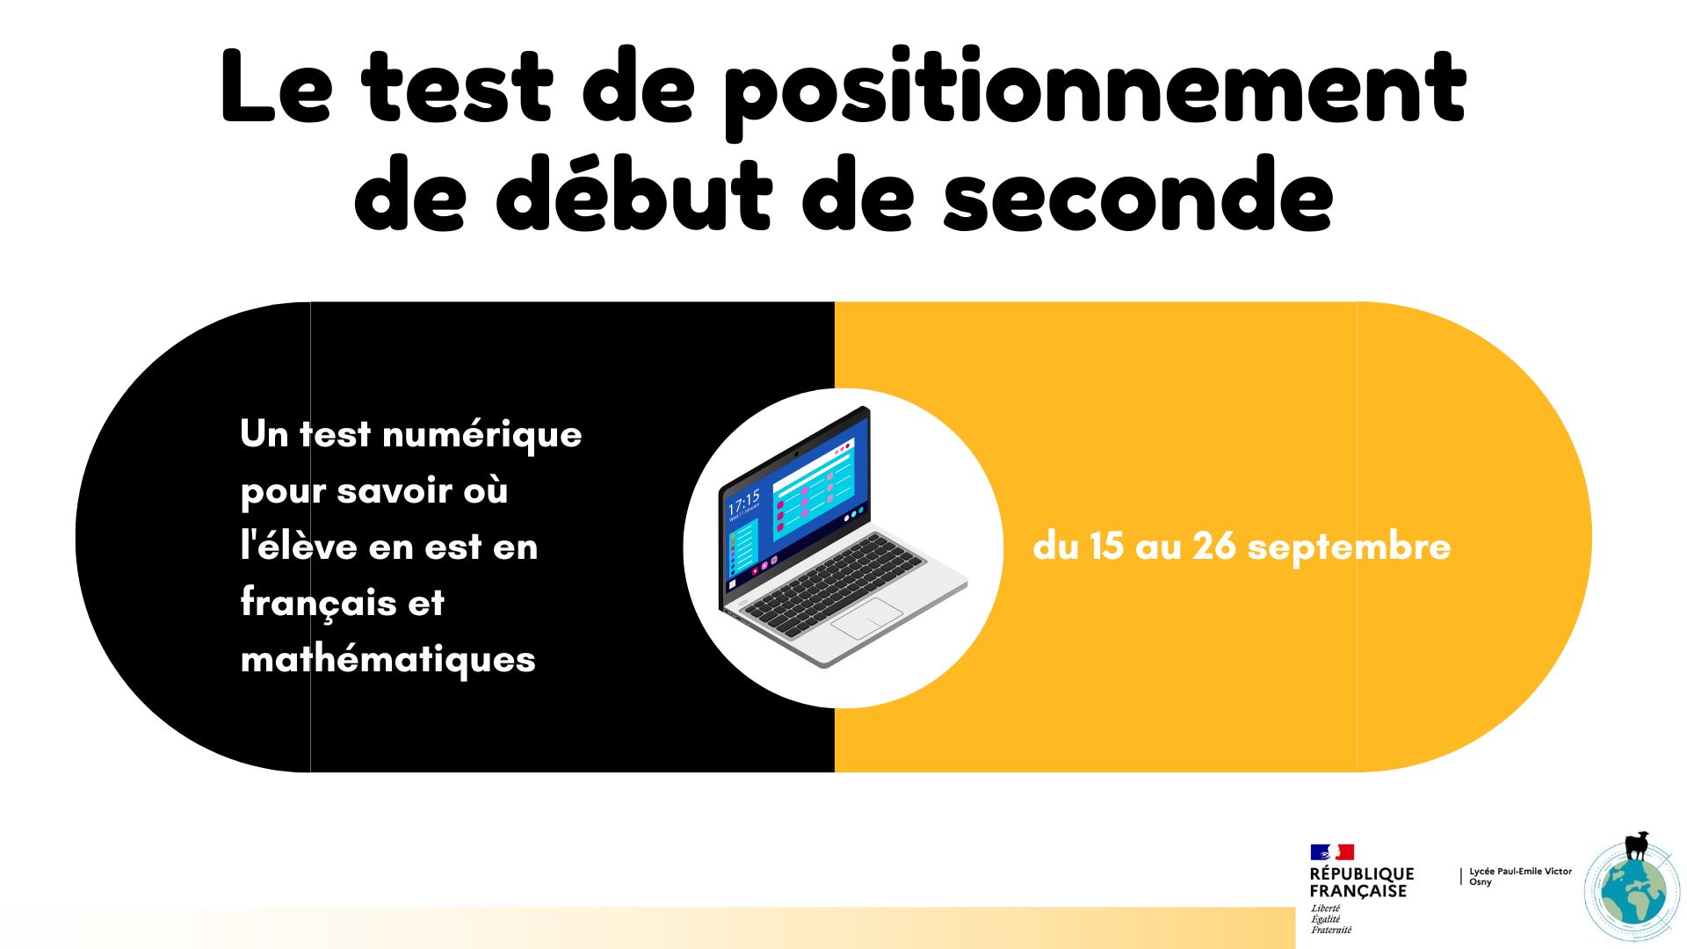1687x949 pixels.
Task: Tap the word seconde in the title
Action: tap(1139, 195)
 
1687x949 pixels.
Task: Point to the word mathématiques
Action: tap(387, 658)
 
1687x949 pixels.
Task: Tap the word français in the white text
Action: tap(318, 603)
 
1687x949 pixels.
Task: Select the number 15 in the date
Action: tap(1107, 546)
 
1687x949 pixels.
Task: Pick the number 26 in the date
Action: tap(1214, 546)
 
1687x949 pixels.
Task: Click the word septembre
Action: tap(1349, 548)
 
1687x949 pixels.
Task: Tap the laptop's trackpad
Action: tap(866, 619)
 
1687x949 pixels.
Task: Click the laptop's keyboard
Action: tap(832, 581)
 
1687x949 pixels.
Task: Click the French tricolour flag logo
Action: tap(1332, 851)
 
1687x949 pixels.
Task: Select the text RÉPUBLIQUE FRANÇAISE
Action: tap(1362, 882)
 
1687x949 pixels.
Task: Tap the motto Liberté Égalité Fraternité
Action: tap(1331, 919)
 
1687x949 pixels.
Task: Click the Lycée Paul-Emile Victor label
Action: tap(1521, 872)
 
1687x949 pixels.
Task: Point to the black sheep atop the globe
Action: tap(1637, 845)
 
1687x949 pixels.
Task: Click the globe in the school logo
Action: tap(1633, 891)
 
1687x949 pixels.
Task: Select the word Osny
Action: tap(1481, 882)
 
